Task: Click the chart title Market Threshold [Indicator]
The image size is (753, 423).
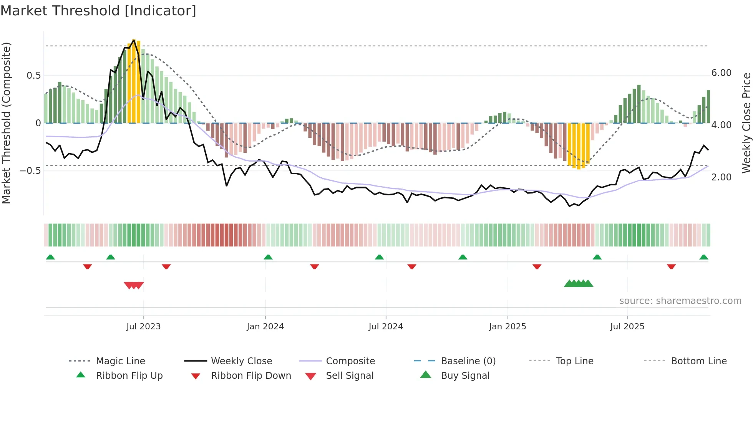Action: [98, 11]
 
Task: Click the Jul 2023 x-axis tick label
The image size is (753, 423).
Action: [143, 327]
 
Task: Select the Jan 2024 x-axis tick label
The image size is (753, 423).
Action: [265, 327]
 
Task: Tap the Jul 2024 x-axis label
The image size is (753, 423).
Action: [386, 327]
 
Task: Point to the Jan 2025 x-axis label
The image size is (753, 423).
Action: [508, 327]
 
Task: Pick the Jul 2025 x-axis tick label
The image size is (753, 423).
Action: [627, 327]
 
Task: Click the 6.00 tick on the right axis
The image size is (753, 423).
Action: [721, 73]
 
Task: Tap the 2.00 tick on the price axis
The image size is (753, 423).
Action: [721, 177]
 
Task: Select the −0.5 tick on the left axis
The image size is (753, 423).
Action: [30, 171]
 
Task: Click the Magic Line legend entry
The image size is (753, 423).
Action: [120, 361]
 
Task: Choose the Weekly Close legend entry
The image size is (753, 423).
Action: [241, 361]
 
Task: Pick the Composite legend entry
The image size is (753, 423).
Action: [350, 361]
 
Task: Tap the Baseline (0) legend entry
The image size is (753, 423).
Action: [468, 361]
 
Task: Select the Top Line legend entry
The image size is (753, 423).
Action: [574, 361]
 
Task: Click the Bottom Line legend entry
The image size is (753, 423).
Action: [698, 361]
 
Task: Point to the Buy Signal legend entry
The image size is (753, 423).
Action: [465, 376]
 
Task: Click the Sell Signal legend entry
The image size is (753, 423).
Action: [350, 376]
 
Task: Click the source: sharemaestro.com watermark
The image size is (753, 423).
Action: [680, 301]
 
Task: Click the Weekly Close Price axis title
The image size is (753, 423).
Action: [746, 123]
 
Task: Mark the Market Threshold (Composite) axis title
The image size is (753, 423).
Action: [6, 123]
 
